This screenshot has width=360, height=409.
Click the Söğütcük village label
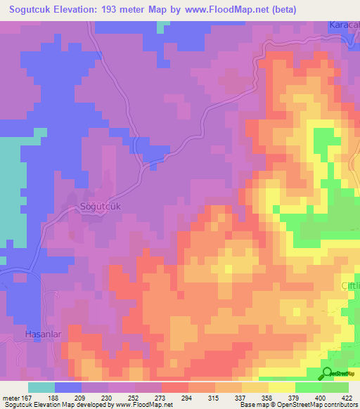point(98,207)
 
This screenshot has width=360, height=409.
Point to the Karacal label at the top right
point(345,25)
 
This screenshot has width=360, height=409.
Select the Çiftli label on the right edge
point(350,286)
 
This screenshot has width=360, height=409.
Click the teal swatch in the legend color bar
point(41,387)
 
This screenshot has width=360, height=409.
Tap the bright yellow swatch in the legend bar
point(282,387)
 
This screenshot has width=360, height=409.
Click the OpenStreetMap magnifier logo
point(328,373)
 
